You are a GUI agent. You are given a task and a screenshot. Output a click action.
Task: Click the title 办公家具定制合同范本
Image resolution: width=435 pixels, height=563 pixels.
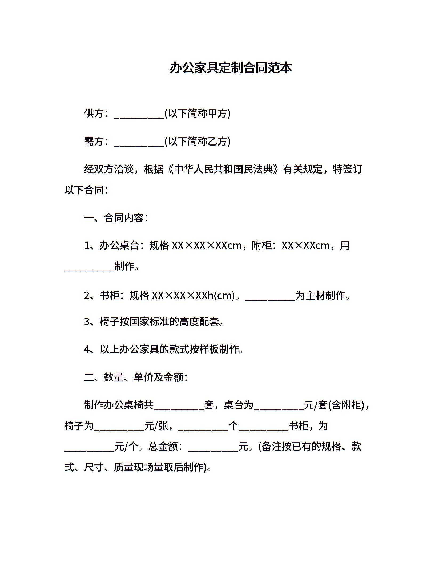tap(231, 68)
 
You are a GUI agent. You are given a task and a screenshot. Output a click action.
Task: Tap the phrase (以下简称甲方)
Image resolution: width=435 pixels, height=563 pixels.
tap(198, 114)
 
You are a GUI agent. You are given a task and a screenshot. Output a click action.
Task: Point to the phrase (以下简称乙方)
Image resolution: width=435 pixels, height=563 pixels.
tap(198, 142)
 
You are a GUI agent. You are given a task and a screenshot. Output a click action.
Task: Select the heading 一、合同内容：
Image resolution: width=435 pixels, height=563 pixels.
tap(116, 218)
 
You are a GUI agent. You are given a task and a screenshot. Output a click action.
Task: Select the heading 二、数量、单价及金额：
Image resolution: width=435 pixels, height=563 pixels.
tap(136, 377)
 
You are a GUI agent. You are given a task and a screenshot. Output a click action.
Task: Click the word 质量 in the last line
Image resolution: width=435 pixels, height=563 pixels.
tap(123, 467)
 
